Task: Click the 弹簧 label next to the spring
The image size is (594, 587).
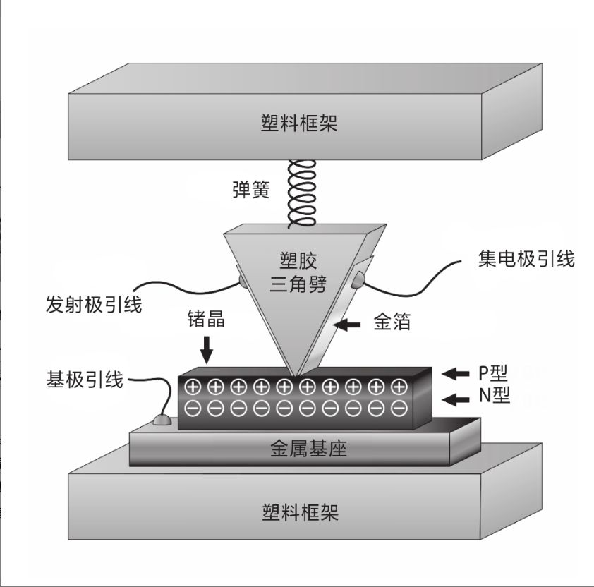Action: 250,190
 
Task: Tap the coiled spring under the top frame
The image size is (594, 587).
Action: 302,193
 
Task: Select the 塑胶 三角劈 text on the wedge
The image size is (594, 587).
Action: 298,272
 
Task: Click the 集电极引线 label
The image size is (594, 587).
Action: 526,259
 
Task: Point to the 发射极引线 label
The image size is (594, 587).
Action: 94,304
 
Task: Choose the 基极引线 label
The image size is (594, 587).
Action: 85,380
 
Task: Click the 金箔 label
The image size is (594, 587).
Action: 392,322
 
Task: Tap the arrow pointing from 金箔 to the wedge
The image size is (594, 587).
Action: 347,325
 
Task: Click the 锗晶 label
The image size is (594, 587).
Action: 206,319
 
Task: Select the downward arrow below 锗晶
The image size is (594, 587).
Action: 207,350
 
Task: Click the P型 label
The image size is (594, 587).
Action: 493,373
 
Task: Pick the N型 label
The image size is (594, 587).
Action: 494,395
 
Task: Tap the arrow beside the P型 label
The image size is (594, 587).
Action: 455,374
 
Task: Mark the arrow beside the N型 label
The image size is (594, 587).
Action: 455,399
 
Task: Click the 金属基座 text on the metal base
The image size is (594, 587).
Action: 308,449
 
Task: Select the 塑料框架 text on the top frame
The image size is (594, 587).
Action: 299,123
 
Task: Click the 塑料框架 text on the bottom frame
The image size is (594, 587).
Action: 300,512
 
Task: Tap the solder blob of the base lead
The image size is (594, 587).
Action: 162,420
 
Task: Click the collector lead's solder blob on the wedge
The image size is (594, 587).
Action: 358,279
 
